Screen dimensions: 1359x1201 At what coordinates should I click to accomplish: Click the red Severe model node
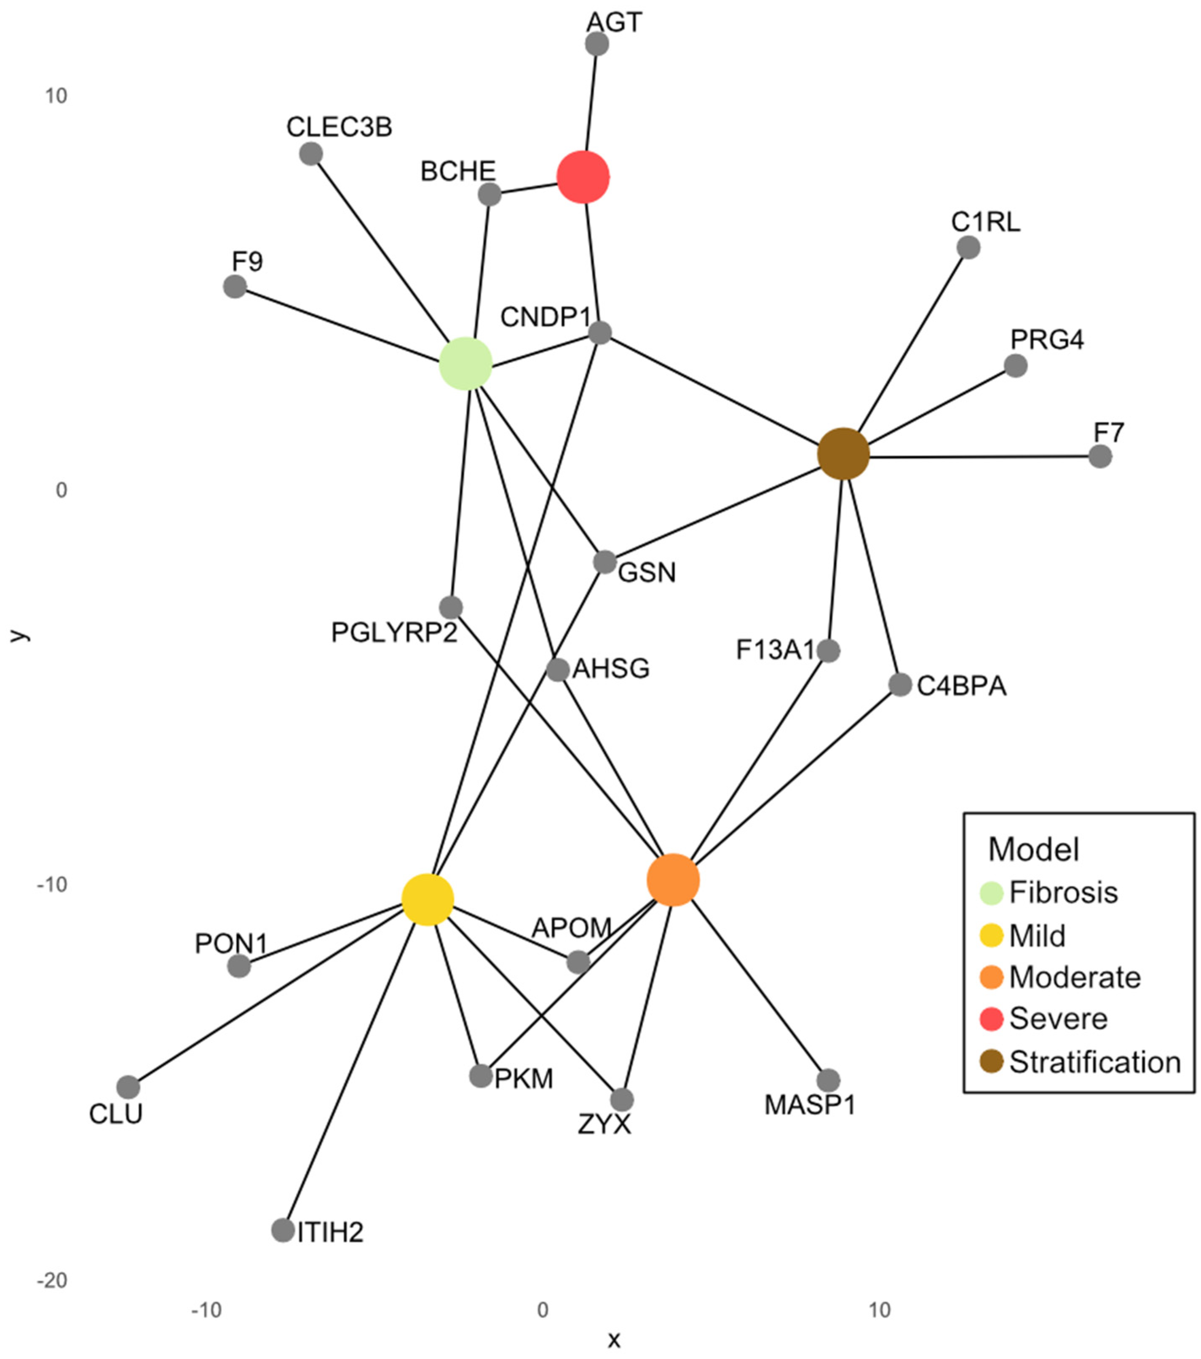[583, 177]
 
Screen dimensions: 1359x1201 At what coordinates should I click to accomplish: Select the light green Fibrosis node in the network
[465, 364]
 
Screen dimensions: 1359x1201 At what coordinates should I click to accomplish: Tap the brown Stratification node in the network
[843, 454]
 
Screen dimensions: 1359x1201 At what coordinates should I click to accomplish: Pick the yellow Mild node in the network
[427, 900]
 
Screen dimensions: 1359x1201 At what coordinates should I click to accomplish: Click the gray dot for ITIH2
[283, 1230]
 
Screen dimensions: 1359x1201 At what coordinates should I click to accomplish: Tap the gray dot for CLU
[128, 1088]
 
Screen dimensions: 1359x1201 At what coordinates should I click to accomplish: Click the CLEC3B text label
[339, 127]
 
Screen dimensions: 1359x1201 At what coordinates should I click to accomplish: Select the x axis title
[613, 1340]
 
